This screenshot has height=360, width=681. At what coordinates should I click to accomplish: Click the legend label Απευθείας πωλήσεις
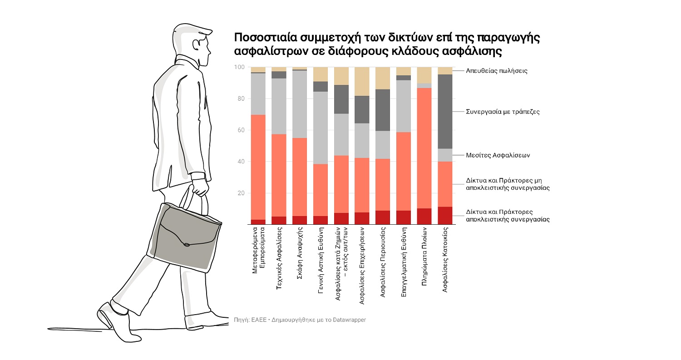pos(497,71)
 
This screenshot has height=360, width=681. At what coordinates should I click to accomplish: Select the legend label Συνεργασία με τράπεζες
pos(503,111)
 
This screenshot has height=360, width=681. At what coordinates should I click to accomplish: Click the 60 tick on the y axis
pos(241,130)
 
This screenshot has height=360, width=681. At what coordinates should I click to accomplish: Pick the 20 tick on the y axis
pos(241,193)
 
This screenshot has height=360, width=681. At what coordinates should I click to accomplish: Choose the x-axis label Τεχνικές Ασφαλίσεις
pos(278,261)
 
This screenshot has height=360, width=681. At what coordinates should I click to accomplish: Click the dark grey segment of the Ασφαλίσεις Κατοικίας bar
pos(445,111)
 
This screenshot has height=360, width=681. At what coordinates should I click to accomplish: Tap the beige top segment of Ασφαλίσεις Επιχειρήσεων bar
pos(362,81)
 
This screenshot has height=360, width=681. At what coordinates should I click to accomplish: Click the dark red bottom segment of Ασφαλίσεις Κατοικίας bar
pos(445,216)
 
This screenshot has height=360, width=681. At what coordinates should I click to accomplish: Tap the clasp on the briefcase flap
pos(186,245)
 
